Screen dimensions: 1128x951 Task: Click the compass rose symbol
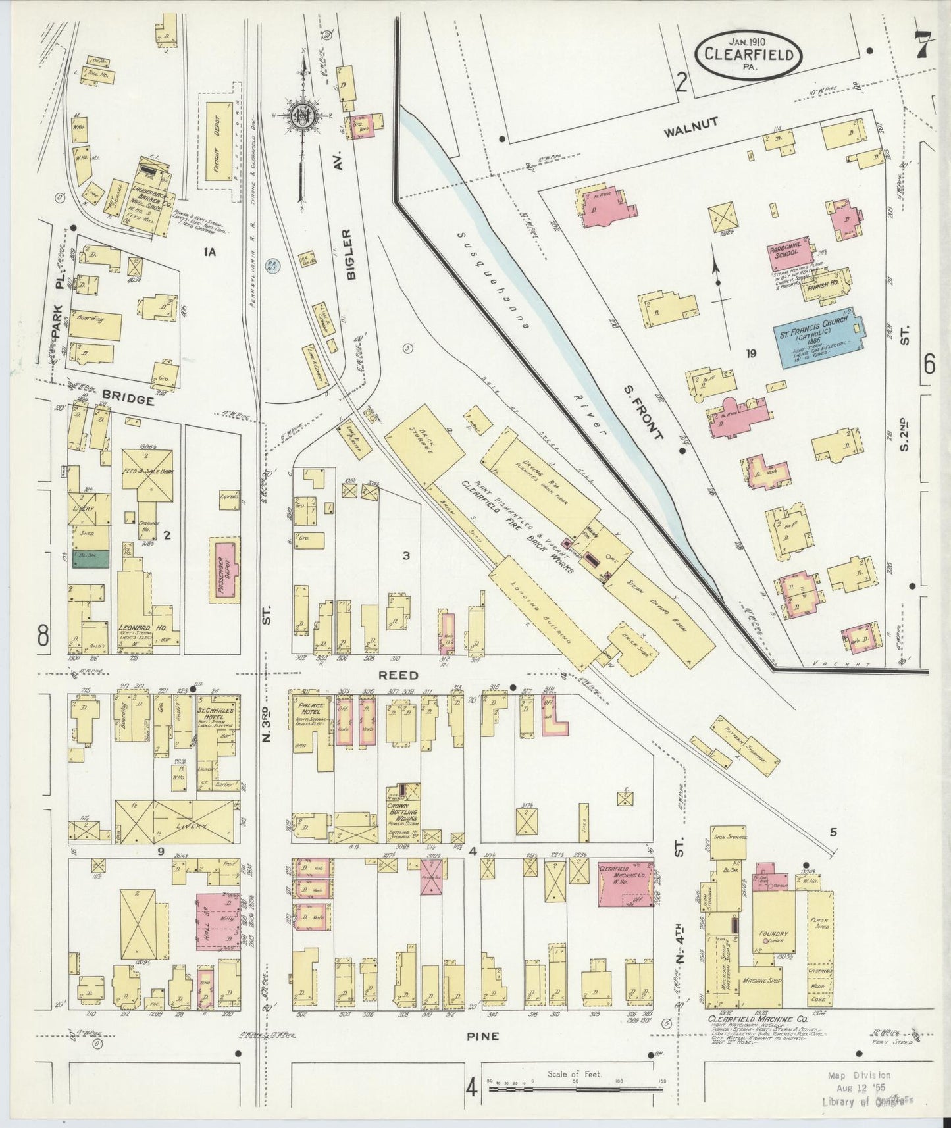click(x=303, y=115)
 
